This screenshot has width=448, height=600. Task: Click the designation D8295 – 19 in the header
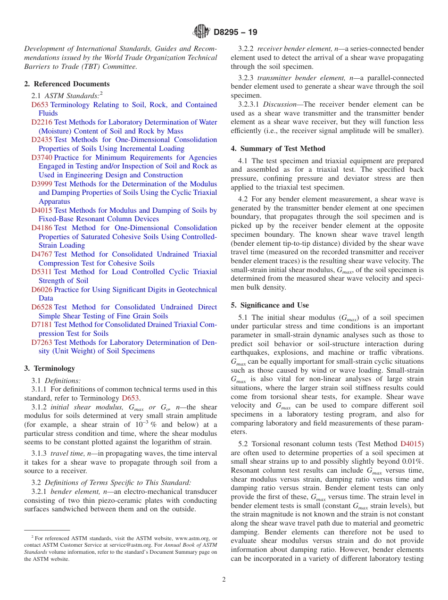coord(235,33)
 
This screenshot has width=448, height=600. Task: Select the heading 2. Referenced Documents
coord(66,84)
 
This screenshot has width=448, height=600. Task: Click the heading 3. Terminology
coord(50,368)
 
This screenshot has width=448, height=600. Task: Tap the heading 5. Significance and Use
coord(270,305)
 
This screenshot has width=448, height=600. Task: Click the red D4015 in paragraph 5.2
coord(412,444)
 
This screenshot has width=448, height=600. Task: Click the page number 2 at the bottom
coord(224,580)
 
